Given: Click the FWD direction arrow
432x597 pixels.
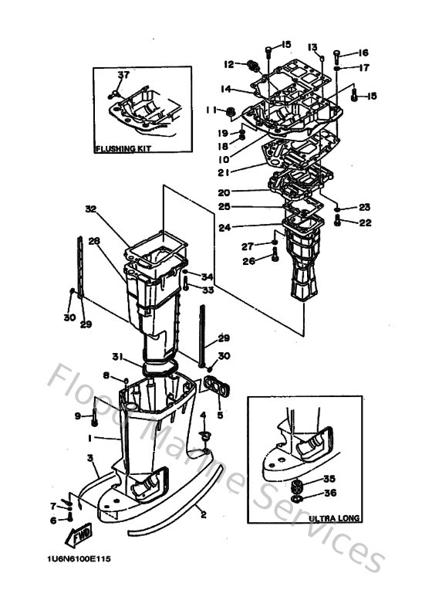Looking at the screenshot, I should (x=81, y=534).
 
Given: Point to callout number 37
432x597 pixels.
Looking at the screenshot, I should (x=122, y=74).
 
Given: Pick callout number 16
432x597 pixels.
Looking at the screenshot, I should (x=363, y=53).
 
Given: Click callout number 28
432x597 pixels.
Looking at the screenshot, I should (x=94, y=241).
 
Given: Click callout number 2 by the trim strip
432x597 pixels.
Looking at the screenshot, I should (x=202, y=511).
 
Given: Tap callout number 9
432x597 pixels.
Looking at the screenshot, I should (x=77, y=417).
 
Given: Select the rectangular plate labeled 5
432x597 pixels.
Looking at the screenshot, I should (x=218, y=388).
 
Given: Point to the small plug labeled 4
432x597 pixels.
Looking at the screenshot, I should (x=204, y=436).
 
